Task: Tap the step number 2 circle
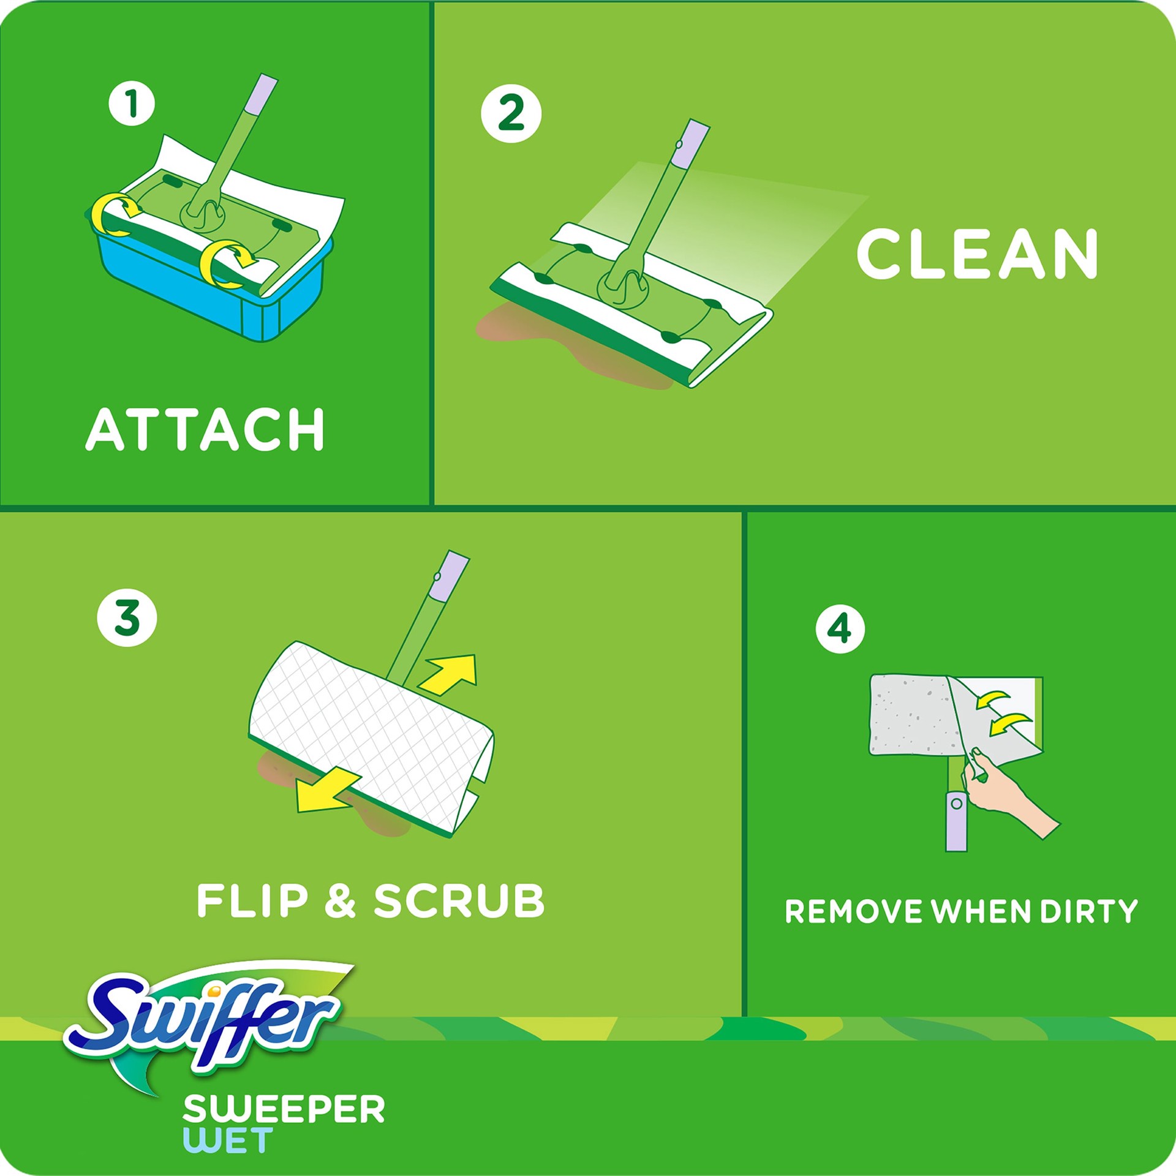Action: click(511, 113)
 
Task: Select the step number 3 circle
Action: click(127, 617)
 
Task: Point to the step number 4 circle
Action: click(840, 628)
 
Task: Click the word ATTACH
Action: click(205, 429)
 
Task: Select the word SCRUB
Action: click(459, 900)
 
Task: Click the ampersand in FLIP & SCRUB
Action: click(341, 900)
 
